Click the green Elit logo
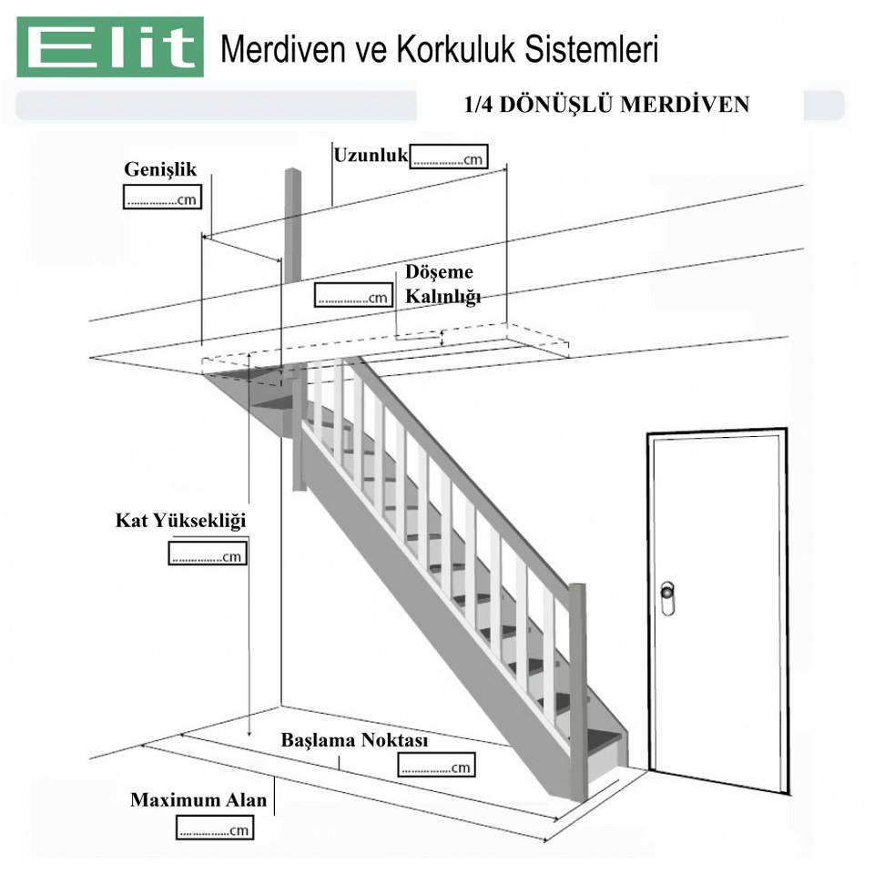click(x=110, y=46)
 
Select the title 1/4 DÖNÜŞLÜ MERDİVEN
click(x=606, y=104)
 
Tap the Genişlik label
click(x=160, y=169)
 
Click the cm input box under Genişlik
click(x=162, y=198)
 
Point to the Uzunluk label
click(x=371, y=155)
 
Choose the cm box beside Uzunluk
click(x=449, y=157)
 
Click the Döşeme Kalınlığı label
click(x=442, y=284)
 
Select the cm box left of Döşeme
click(x=353, y=295)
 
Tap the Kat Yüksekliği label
click(x=180, y=521)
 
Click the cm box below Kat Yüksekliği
click(x=208, y=554)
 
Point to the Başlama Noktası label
click(x=354, y=740)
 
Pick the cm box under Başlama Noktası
click(x=436, y=765)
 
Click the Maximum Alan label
click(x=198, y=800)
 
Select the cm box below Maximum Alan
click(x=215, y=828)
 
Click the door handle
click(x=667, y=599)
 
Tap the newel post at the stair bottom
click(x=579, y=692)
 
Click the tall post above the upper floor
click(x=292, y=226)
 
